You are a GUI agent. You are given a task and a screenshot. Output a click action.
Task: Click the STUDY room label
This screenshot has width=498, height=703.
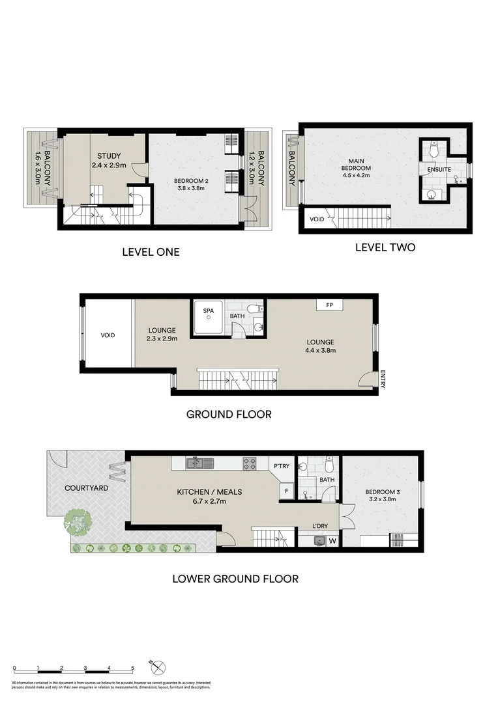pyautogui.click(x=109, y=156)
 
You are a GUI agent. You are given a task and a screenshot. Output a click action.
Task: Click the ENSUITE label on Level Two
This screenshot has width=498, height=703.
pyautogui.click(x=439, y=170)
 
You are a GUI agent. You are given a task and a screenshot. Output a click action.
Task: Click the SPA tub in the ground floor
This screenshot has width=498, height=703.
pyautogui.click(x=209, y=319)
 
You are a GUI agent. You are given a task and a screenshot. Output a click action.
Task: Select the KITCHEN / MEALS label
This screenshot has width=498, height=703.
pyautogui.click(x=210, y=492)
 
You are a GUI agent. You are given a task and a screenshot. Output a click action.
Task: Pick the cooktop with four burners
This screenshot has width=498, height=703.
pyautogui.click(x=250, y=464)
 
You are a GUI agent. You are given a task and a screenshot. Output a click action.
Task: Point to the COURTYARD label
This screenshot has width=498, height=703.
pyautogui.click(x=86, y=488)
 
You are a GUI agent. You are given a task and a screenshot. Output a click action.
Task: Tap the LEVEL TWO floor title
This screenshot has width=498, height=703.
pyautogui.click(x=385, y=247)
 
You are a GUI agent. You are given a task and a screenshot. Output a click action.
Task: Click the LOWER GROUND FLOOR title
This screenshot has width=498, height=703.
pyautogui.click(x=235, y=578)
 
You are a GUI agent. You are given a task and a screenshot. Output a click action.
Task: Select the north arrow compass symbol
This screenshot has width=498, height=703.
pyautogui.click(x=157, y=666)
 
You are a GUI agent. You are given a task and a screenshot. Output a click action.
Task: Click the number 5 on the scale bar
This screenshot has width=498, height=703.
pyautogui.click(x=133, y=668)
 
